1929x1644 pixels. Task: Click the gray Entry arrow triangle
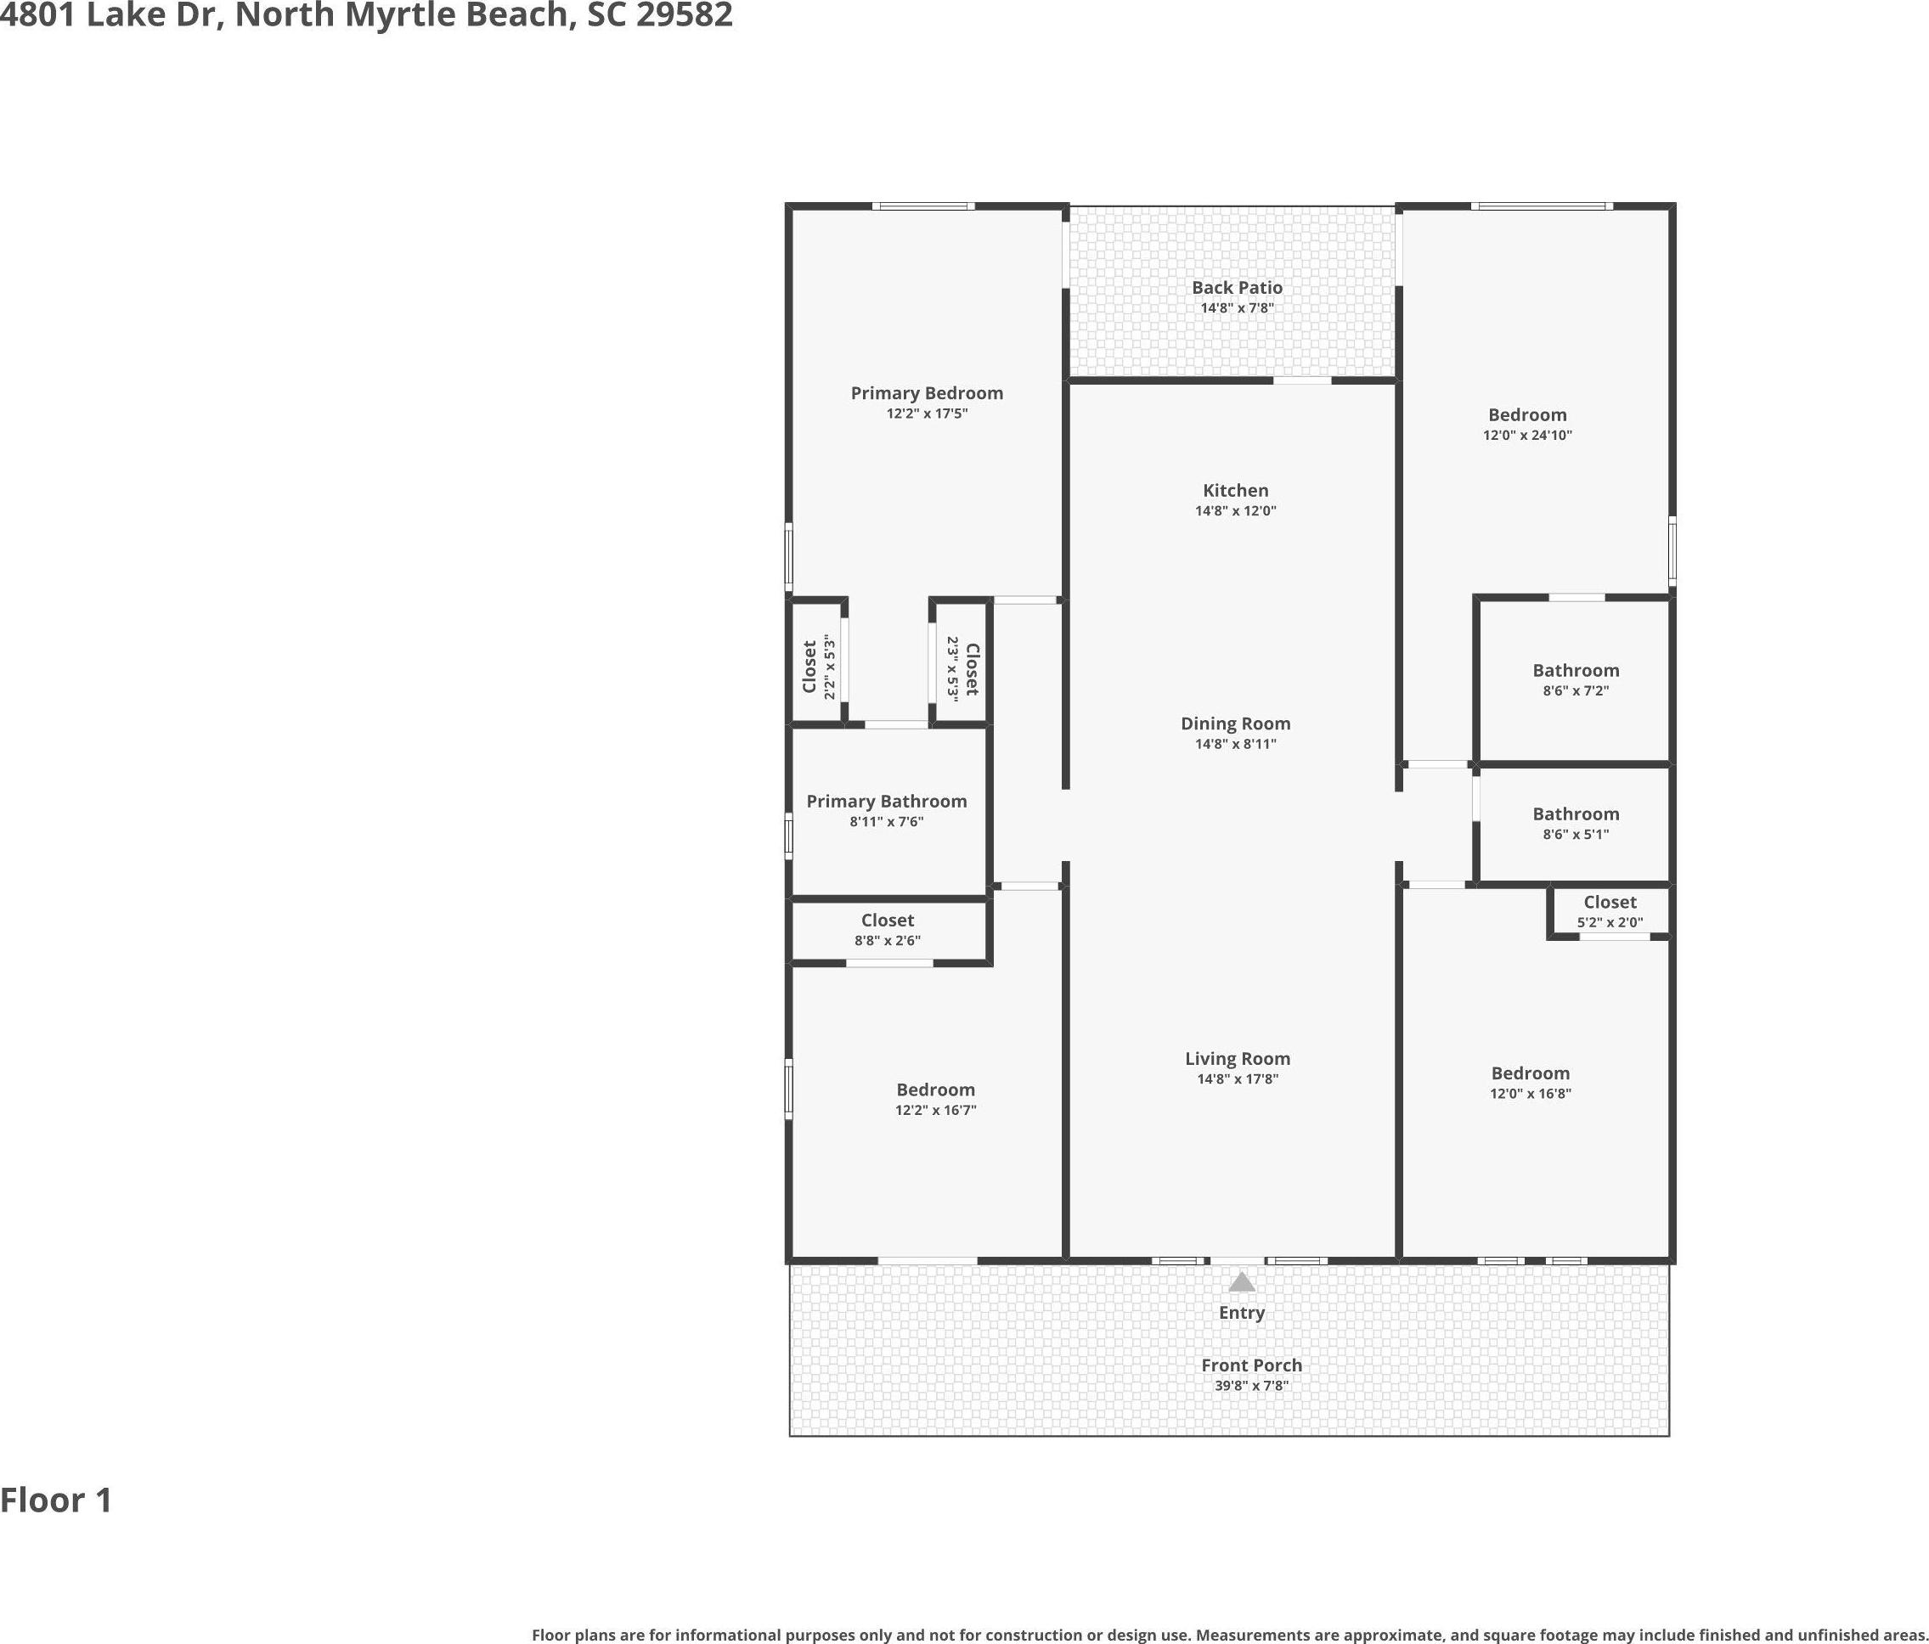point(1241,1283)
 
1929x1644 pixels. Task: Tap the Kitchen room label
point(1235,491)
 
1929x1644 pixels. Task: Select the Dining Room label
point(1235,723)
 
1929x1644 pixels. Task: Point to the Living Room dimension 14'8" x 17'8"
point(1238,1079)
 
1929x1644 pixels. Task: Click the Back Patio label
point(1238,288)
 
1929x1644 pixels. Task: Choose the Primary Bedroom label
point(927,393)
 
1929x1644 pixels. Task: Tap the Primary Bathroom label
point(886,802)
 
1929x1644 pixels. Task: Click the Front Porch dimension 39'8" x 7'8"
point(1251,1385)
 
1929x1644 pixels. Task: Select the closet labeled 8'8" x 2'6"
point(888,930)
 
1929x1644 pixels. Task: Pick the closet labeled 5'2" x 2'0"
point(1610,911)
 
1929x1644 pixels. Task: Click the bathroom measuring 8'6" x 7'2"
point(1576,680)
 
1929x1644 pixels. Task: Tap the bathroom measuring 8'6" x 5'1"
point(1576,824)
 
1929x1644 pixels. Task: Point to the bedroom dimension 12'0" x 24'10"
point(1527,435)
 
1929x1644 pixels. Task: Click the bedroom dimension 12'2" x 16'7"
point(936,1110)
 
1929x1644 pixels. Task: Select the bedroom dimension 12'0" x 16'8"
point(1531,1093)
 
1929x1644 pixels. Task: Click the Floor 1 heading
point(56,1500)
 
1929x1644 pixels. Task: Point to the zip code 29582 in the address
point(685,15)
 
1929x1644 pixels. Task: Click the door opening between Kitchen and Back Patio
point(1301,380)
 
